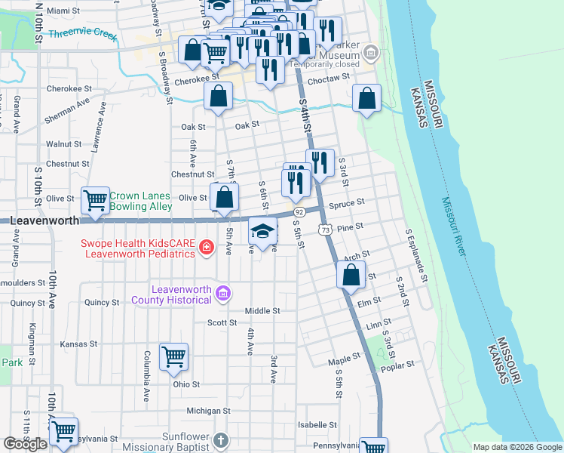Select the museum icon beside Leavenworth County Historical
222,294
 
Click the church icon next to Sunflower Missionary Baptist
220,439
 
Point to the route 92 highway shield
299,212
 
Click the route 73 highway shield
325,230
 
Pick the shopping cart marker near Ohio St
174,356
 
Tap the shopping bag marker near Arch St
351,275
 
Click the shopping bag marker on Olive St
225,198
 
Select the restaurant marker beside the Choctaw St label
270,69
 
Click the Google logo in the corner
25,444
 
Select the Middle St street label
262,310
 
